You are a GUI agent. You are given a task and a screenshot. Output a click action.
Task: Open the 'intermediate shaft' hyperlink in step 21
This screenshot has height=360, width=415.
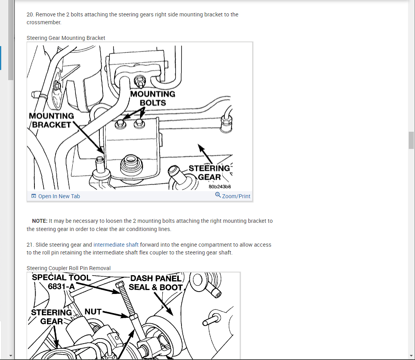coord(116,245)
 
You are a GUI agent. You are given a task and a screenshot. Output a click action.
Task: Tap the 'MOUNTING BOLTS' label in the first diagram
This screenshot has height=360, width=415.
coord(153,99)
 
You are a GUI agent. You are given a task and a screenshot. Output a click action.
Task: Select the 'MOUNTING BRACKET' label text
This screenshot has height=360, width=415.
coord(51,120)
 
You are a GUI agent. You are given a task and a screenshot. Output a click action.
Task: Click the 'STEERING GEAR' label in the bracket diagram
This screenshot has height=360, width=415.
coord(209,172)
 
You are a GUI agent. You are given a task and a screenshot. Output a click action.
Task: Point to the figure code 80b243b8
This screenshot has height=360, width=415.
coord(220,187)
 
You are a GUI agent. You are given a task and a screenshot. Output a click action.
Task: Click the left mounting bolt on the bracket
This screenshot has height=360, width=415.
coord(120,124)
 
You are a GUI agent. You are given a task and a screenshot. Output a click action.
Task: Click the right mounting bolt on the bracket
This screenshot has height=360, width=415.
coord(139,124)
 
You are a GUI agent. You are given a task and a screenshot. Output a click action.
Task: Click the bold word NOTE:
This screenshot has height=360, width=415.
coord(40,221)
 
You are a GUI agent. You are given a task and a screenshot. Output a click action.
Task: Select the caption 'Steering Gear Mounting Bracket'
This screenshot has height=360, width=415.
coord(66,38)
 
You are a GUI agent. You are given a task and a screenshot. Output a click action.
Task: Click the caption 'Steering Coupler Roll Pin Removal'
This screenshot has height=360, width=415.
coord(68,268)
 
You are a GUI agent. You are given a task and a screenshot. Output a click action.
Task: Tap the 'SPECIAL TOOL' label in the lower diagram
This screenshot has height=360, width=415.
coord(61,278)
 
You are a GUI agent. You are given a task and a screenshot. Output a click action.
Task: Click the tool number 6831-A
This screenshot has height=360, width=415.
coord(61,287)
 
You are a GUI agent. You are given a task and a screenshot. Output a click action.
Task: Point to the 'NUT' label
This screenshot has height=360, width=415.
coord(93,312)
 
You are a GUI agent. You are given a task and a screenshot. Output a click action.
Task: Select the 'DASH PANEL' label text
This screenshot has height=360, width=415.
coord(156,278)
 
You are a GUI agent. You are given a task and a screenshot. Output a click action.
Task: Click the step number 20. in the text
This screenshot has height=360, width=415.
coord(30,14)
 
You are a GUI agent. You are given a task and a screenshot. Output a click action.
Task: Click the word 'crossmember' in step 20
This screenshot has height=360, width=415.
coord(43,23)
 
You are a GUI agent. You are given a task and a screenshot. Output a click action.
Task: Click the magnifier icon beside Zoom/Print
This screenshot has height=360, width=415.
coord(218,195)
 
